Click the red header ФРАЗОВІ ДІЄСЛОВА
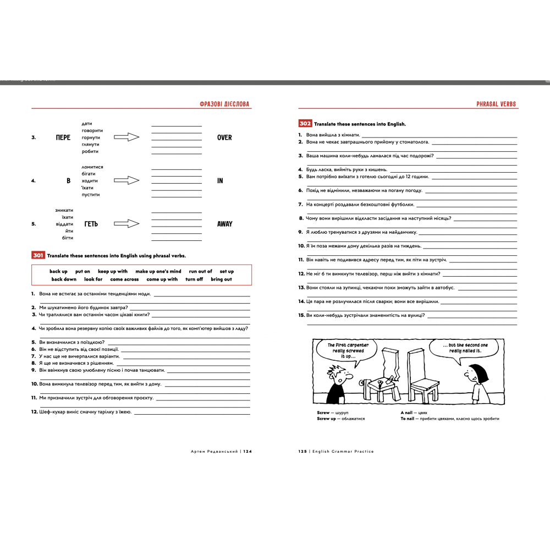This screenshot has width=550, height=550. (226, 104)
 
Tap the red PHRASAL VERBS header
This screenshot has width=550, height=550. (496, 104)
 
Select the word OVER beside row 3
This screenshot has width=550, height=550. (224, 137)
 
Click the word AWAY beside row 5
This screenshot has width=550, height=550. (224, 224)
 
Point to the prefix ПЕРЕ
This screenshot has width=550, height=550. (63, 137)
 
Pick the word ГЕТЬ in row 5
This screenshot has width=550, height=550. (91, 224)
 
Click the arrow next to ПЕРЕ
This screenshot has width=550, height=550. (127, 137)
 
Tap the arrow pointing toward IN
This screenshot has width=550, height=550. (127, 180)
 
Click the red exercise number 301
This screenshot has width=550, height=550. (38, 255)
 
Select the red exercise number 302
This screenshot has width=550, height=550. (305, 124)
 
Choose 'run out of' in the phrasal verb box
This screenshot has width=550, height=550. (200, 271)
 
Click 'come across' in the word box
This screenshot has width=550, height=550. (124, 279)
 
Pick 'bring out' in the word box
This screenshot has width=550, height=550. (221, 279)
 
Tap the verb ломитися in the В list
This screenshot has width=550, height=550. (92, 167)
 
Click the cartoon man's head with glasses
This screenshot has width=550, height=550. (337, 376)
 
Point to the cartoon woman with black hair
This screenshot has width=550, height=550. (475, 380)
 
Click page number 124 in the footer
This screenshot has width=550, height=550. (247, 451)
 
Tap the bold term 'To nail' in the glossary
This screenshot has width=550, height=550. (408, 419)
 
